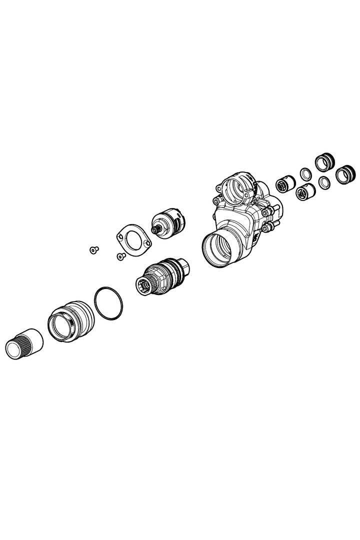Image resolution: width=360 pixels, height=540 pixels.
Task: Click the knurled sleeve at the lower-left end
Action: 23,343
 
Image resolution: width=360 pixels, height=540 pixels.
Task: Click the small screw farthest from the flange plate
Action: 93,249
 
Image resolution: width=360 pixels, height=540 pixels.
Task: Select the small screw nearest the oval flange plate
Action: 120,256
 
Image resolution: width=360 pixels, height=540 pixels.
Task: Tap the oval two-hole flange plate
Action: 133,240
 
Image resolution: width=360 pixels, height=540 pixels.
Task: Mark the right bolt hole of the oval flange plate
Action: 146,244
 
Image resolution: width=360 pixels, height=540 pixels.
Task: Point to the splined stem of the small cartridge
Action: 157,229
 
